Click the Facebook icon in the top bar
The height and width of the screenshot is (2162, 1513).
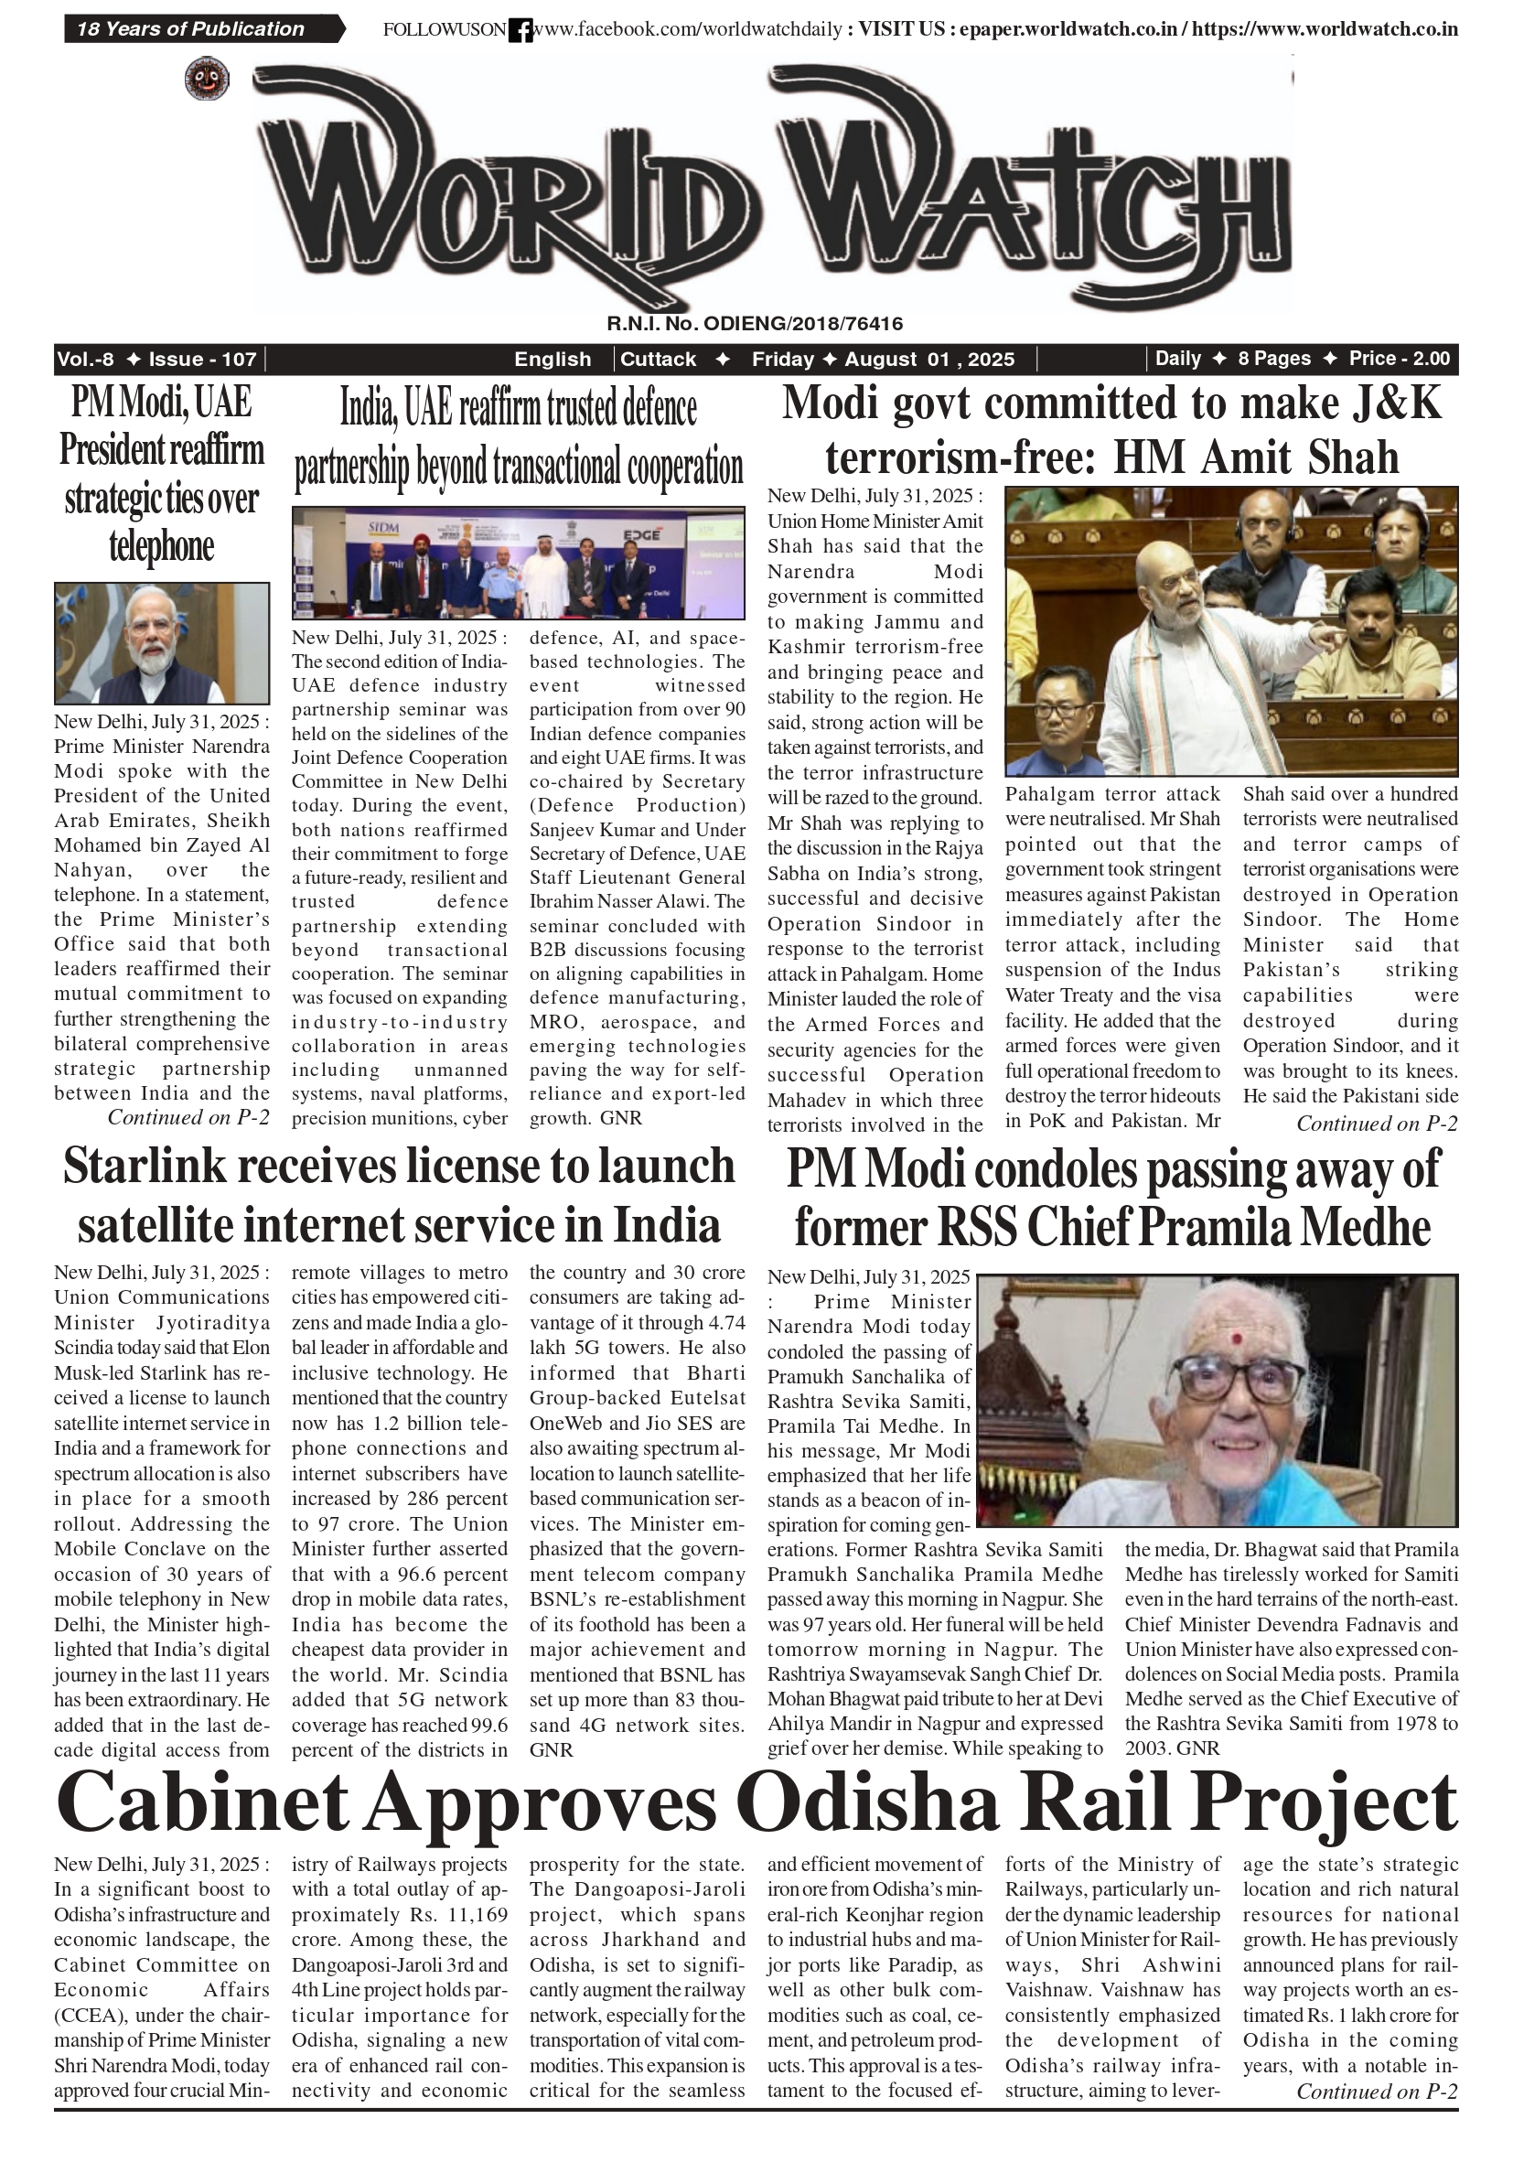520,31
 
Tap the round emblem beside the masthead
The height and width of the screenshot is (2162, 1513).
206,79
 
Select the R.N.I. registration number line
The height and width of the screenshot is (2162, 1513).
754,324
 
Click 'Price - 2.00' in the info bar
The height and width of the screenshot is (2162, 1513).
1399,359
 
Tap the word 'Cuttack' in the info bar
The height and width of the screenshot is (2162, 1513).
658,359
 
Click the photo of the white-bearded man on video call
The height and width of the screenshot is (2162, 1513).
162,643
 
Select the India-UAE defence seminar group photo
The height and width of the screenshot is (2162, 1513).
518,563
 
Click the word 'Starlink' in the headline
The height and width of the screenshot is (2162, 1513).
145,1166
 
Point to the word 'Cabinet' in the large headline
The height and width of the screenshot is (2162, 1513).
201,1802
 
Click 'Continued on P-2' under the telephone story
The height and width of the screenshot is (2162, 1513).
188,1118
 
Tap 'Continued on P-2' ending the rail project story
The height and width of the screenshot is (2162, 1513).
1377,2092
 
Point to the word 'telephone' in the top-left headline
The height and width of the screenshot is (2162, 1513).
162,546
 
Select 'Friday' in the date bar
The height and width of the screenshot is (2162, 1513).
782,359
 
